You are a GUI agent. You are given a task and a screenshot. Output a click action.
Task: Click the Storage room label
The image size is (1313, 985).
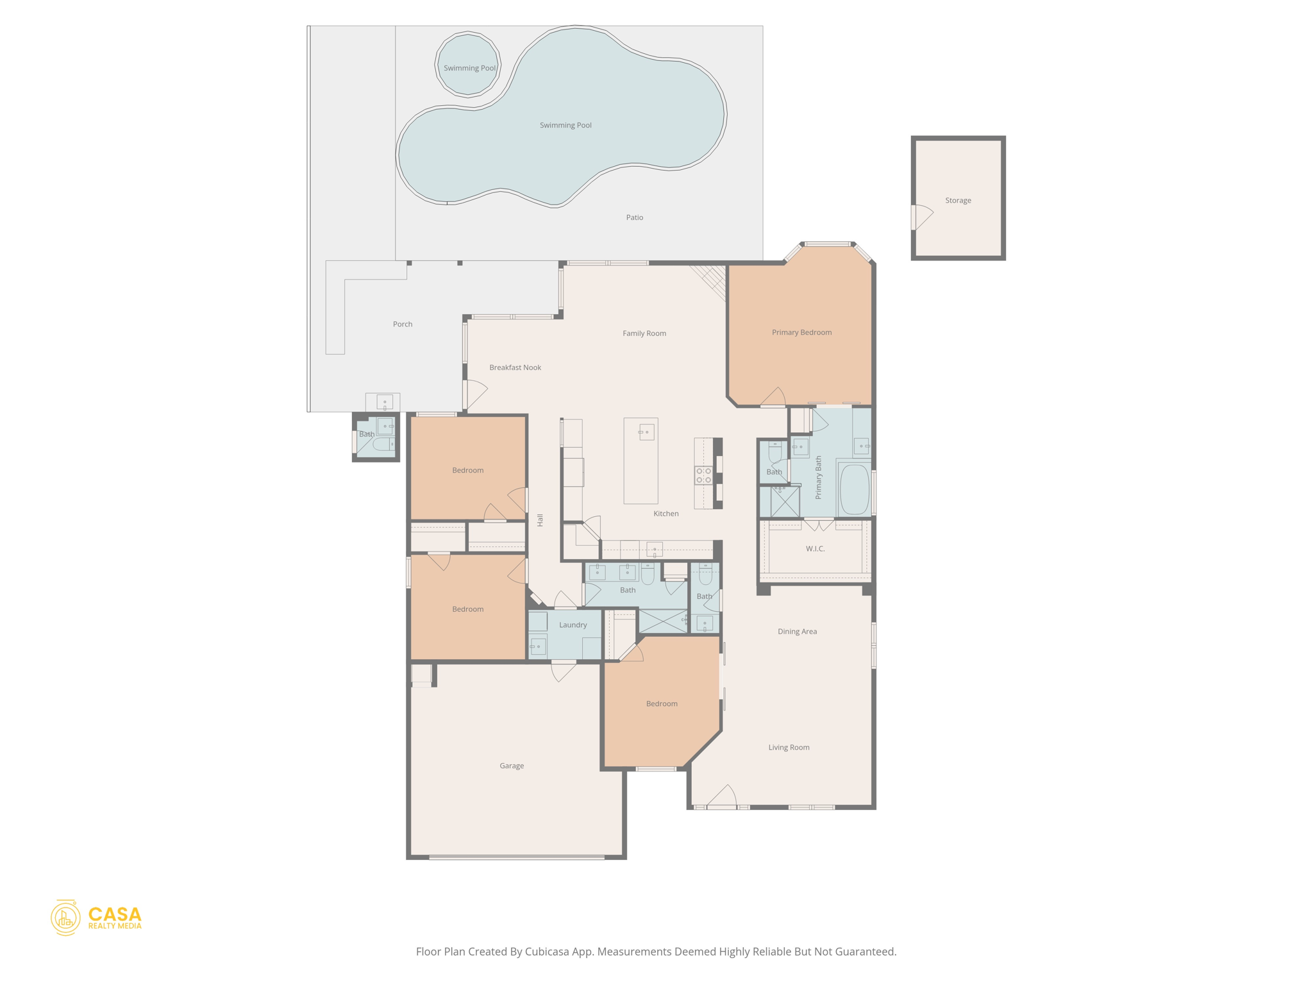point(958,201)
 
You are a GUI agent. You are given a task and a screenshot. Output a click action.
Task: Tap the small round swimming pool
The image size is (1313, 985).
point(467,66)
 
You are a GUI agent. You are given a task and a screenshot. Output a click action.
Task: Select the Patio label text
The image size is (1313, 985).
point(634,218)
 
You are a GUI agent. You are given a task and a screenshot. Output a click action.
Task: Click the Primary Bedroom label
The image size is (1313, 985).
point(801,332)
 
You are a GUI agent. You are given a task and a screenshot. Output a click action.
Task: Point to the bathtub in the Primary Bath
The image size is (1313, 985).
point(854,489)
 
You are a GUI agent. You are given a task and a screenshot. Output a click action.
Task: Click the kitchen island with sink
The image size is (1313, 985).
point(640,460)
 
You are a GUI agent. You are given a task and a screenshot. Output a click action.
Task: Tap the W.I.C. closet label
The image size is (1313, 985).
point(815,549)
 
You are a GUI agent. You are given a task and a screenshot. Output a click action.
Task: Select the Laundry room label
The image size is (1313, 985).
point(573,625)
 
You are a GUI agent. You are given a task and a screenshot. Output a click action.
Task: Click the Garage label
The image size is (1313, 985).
point(512,766)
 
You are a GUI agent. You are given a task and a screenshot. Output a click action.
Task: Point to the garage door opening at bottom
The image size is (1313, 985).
point(516,857)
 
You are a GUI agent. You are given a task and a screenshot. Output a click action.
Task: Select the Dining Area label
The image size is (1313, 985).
point(797,632)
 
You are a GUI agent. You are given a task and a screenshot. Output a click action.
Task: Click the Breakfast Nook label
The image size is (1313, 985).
point(515,367)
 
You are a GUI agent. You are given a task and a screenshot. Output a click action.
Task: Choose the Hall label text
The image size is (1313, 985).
point(540,520)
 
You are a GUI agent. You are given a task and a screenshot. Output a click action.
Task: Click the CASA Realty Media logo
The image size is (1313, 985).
point(96,918)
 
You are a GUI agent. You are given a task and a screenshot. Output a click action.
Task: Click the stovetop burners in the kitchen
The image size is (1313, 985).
point(703,475)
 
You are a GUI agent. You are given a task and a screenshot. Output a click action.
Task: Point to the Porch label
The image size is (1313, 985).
point(403,324)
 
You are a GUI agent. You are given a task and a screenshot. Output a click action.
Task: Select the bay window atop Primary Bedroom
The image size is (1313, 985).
point(828,244)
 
